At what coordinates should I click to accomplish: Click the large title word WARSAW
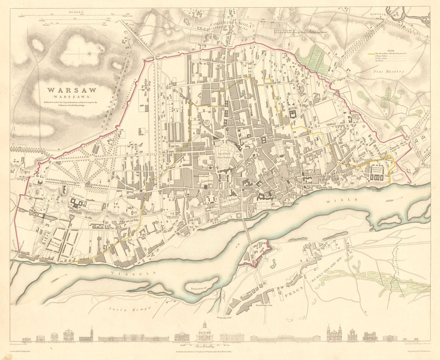[x=73, y=90]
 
